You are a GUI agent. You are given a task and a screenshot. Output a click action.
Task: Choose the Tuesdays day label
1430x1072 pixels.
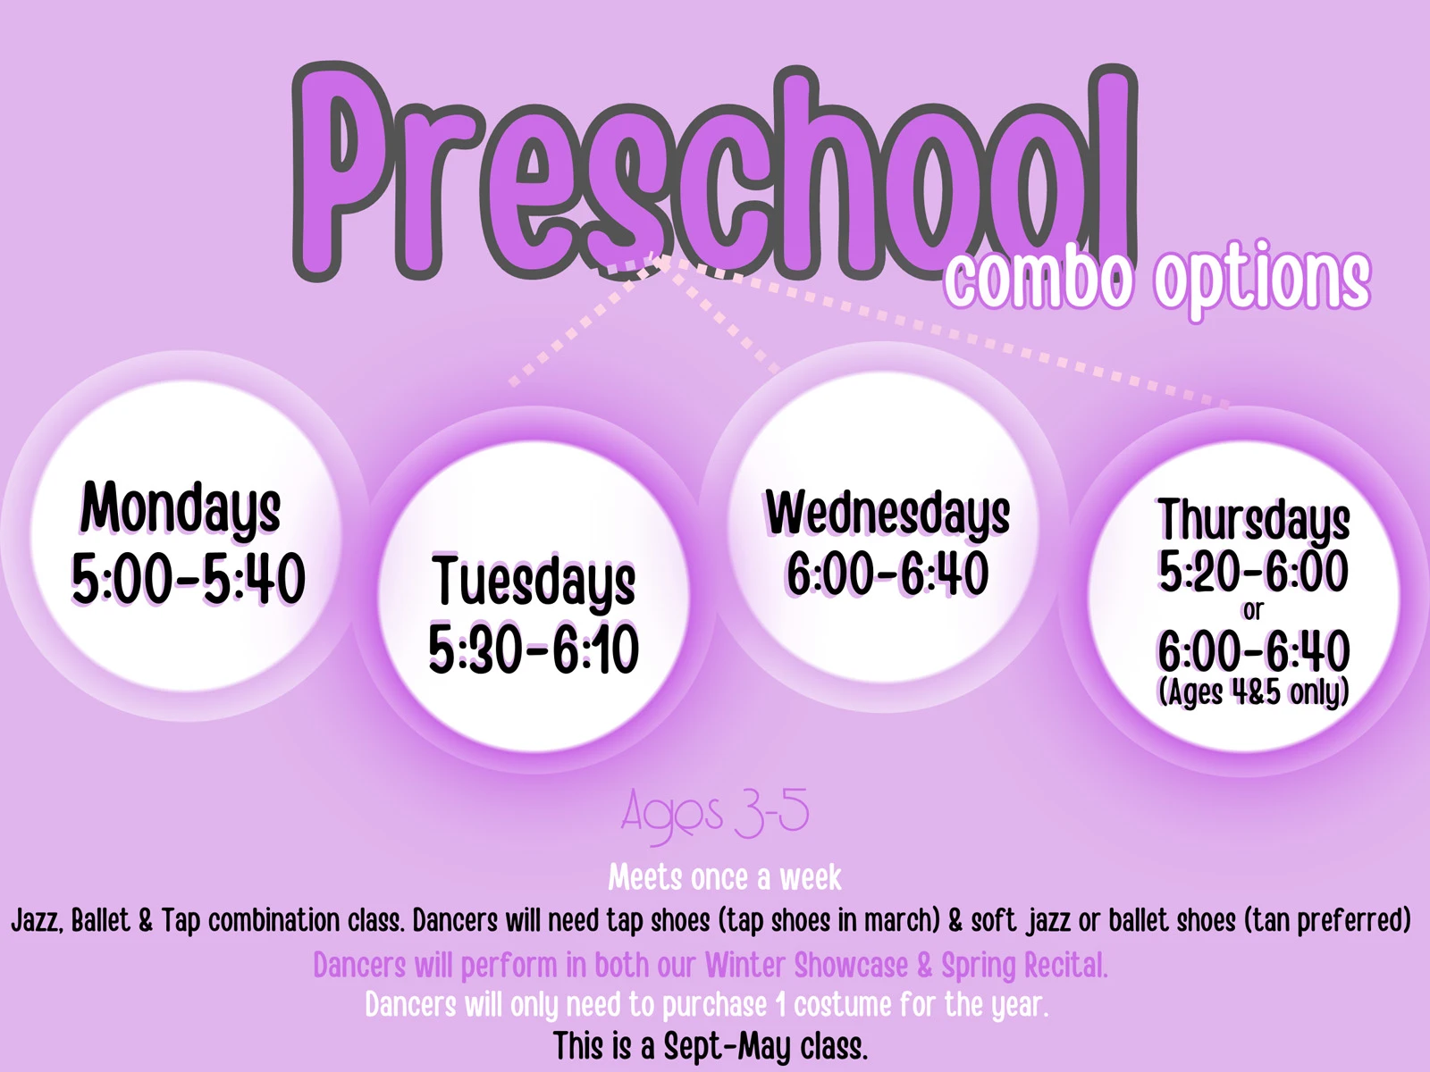pyautogui.click(x=534, y=582)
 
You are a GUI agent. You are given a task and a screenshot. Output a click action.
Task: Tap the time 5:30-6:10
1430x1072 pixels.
pyautogui.click(x=534, y=649)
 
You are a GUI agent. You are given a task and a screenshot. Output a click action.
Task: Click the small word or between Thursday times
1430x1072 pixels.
pyautogui.click(x=1253, y=610)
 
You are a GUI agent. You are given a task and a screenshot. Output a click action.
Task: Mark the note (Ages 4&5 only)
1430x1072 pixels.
pyautogui.click(x=1253, y=691)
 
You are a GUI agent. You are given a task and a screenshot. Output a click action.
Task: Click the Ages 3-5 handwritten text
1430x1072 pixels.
pyautogui.click(x=715, y=814)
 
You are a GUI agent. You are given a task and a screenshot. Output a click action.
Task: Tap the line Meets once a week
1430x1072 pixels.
pyautogui.click(x=725, y=877)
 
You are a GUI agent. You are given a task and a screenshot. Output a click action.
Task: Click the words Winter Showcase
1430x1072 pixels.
pyautogui.click(x=806, y=965)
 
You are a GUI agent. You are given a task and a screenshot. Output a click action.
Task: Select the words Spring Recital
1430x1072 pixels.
pyautogui.click(x=1024, y=966)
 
